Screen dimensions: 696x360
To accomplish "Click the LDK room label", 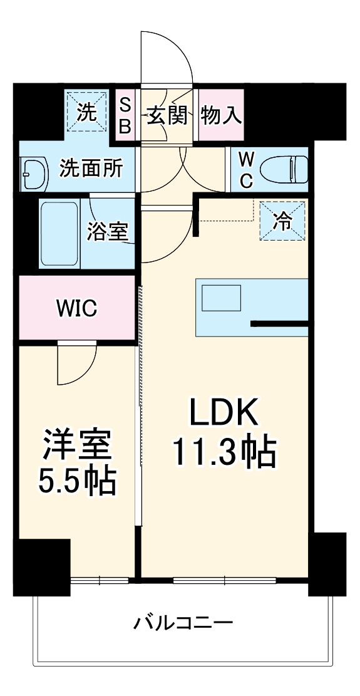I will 224,414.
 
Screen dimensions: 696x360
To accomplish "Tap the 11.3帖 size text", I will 224,450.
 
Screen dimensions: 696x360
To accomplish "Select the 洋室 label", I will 77,445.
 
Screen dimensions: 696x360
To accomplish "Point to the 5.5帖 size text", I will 77,480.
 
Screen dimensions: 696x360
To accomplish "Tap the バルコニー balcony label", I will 183,623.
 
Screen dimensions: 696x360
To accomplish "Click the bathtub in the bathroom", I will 60,233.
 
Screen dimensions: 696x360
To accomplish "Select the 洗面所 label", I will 91,168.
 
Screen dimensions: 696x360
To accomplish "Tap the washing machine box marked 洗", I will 87,113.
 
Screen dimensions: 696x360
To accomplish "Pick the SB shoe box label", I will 125,115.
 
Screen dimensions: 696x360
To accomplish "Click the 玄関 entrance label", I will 165,115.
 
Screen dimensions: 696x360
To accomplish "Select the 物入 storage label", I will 221,115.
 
